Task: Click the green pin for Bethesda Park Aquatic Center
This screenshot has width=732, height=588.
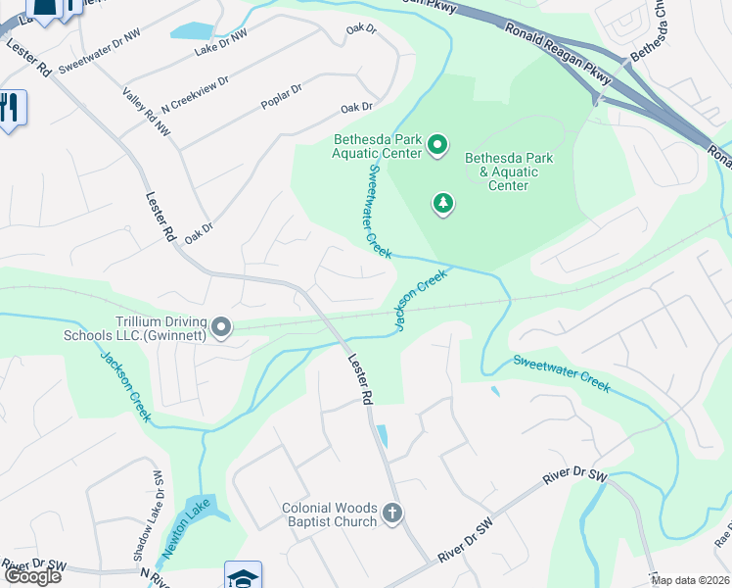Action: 437,147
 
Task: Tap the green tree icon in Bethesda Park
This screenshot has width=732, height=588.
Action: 443,203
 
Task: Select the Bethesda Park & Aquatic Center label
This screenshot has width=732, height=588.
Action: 508,171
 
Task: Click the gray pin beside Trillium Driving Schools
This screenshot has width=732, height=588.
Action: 221,327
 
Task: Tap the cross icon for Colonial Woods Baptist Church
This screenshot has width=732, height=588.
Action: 391,514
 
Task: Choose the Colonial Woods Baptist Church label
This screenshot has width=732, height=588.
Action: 329,514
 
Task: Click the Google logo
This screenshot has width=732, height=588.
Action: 32,575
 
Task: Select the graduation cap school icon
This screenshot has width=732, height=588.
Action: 242,575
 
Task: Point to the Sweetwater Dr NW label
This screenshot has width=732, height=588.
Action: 99,62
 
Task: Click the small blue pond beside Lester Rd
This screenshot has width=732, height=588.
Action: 382,435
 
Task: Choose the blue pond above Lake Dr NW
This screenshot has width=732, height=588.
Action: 203,29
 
